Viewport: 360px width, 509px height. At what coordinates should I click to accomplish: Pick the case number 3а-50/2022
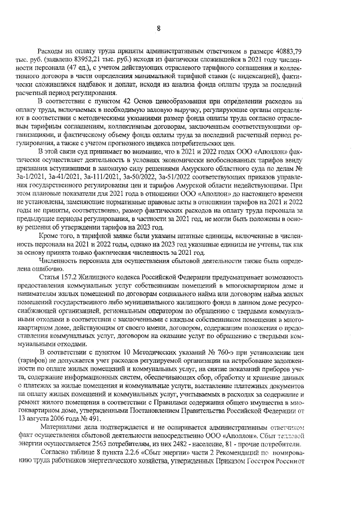(141, 176)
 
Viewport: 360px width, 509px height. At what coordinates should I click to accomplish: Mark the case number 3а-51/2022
(178, 176)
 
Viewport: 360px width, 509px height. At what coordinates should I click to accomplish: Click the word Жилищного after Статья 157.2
(105, 277)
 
